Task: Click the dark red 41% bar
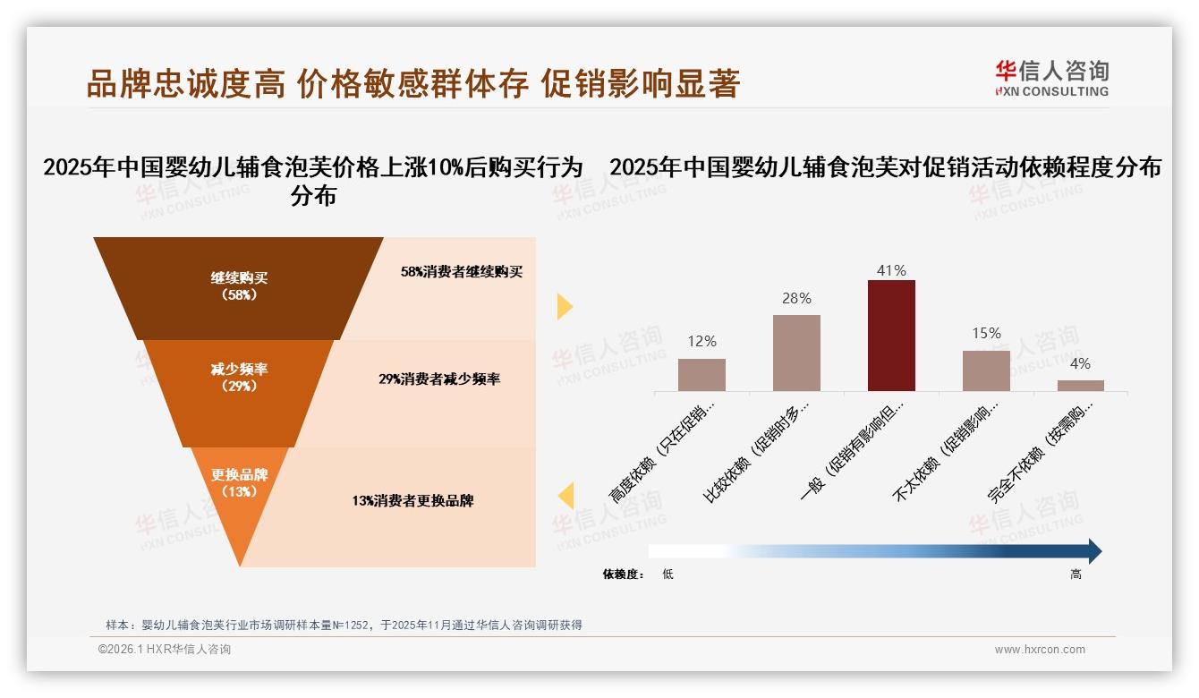(x=891, y=336)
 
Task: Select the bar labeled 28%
(x=796, y=353)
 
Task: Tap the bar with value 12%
(x=702, y=375)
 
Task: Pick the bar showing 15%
(x=986, y=370)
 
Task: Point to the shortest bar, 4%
(x=1080, y=386)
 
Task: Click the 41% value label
(x=891, y=270)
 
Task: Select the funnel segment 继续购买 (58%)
(x=239, y=286)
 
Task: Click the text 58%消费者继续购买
(x=461, y=272)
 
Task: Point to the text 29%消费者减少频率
(x=439, y=379)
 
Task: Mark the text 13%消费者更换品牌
(x=412, y=501)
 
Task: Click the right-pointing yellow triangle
(x=565, y=306)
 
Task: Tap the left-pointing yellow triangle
(x=565, y=496)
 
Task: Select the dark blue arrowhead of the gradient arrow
(x=1093, y=551)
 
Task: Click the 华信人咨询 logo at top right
(x=1051, y=78)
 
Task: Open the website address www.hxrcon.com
(x=1040, y=650)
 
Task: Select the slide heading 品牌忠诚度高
(x=186, y=84)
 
